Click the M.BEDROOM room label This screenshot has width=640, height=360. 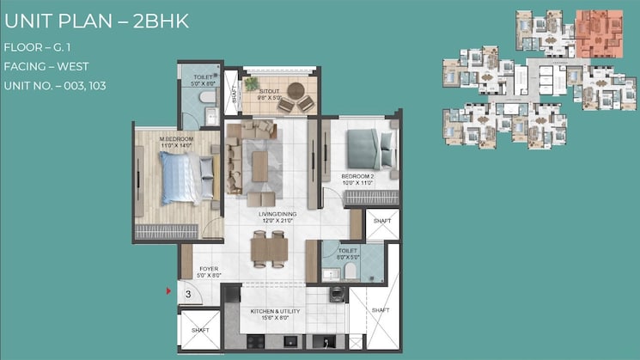click(x=177, y=137)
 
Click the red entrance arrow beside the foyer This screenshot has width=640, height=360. click(x=169, y=292)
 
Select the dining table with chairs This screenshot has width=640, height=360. click(x=270, y=249)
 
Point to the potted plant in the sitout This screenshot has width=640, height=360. click(x=251, y=84)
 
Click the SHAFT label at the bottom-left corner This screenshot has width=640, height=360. click(x=199, y=330)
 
